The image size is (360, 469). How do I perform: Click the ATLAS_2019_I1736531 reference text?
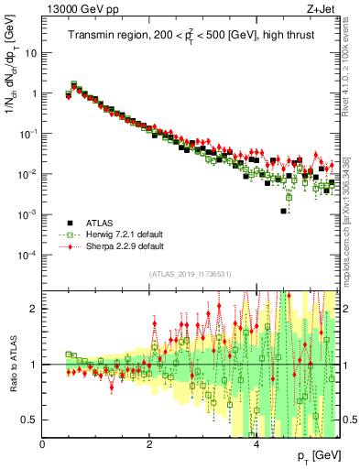tap(190, 274)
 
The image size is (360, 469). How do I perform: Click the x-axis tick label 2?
tap(150, 444)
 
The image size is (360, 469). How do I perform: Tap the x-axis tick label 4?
tap(257, 444)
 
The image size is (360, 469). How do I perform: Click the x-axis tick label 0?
tap(43, 444)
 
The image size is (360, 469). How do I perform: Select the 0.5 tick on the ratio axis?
tap(30, 420)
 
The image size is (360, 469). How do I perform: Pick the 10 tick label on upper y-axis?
tap(31, 52)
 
